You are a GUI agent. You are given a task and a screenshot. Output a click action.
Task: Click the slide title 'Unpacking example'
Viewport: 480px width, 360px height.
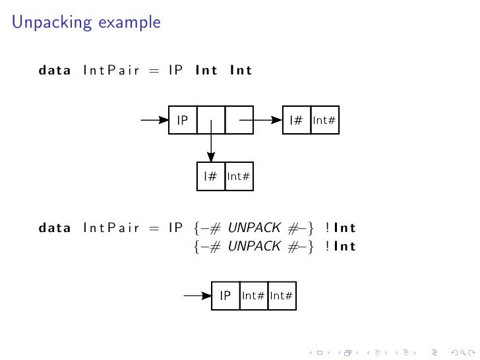[x=86, y=23]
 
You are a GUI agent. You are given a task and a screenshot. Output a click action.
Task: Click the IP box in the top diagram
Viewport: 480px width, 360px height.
[x=183, y=121]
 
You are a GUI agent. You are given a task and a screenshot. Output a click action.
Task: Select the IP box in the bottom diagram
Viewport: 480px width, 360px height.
[x=225, y=296]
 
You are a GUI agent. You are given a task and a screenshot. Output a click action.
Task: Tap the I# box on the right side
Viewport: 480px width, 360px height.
[x=296, y=121]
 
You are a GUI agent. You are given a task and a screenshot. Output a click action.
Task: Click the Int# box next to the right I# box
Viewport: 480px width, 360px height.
[x=324, y=121]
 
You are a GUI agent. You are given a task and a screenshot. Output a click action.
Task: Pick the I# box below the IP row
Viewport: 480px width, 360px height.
[x=211, y=177]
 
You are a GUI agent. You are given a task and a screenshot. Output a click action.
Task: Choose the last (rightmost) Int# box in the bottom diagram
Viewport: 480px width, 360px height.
[x=282, y=296]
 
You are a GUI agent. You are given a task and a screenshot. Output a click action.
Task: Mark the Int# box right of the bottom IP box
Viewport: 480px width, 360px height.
[x=253, y=296]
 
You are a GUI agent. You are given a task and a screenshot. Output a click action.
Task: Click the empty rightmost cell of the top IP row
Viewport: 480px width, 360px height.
[x=239, y=121]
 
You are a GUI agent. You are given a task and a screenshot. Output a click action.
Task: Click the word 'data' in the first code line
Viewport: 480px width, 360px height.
[x=54, y=70]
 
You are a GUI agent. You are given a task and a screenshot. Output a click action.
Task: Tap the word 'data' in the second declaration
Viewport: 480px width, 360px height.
[x=54, y=229]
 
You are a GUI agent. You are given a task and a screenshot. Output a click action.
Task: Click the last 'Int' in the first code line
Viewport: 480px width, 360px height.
[x=241, y=70]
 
